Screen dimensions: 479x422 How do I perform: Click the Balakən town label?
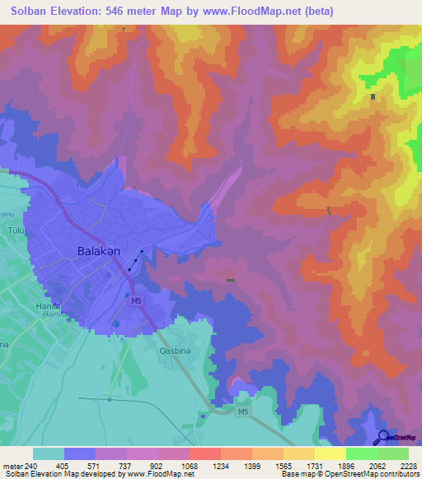(x=100, y=250)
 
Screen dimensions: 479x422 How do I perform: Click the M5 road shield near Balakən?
(x=136, y=302)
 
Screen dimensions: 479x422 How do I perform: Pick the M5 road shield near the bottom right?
(x=241, y=412)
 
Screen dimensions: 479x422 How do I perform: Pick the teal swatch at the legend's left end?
(x=48, y=453)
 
